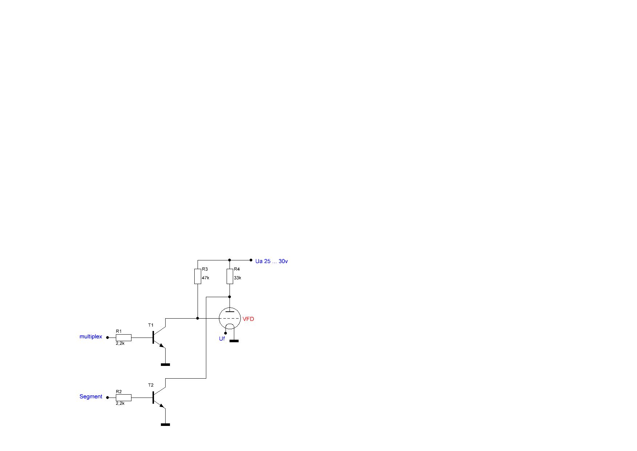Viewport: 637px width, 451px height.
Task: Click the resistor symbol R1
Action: [123, 338]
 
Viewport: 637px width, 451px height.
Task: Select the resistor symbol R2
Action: [123, 398]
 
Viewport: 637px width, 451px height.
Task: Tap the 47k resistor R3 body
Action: [198, 276]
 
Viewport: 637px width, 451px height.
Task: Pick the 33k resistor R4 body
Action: [230, 276]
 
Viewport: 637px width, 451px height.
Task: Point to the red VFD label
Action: [248, 319]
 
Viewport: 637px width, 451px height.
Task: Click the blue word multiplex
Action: [91, 337]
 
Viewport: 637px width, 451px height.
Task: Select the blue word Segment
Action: [91, 396]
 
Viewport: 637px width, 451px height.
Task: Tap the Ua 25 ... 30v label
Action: [272, 261]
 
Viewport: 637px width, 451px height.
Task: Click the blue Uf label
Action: [222, 339]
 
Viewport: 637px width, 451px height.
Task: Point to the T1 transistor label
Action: [151, 325]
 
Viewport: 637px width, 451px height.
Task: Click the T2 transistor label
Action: [151, 385]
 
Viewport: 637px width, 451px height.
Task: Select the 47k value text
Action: [206, 278]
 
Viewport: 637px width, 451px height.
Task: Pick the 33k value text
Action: [238, 278]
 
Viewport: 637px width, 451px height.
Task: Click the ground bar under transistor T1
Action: [165, 364]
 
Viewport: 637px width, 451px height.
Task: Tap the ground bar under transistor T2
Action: [165, 424]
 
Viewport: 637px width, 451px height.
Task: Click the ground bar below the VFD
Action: [234, 341]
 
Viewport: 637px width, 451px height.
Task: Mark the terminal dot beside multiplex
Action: [107, 338]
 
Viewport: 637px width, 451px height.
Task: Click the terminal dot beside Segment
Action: [107, 398]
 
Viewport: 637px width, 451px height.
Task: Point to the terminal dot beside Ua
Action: [251, 260]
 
